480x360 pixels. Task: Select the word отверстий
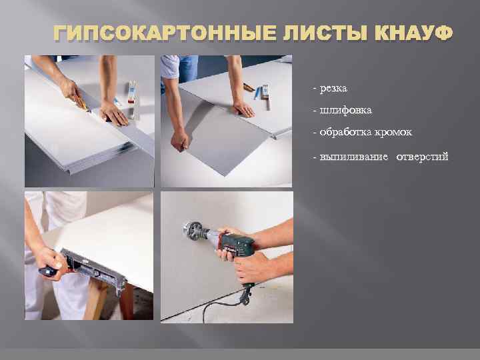(x=423, y=157)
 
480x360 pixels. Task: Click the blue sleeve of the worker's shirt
(x=169, y=67)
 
